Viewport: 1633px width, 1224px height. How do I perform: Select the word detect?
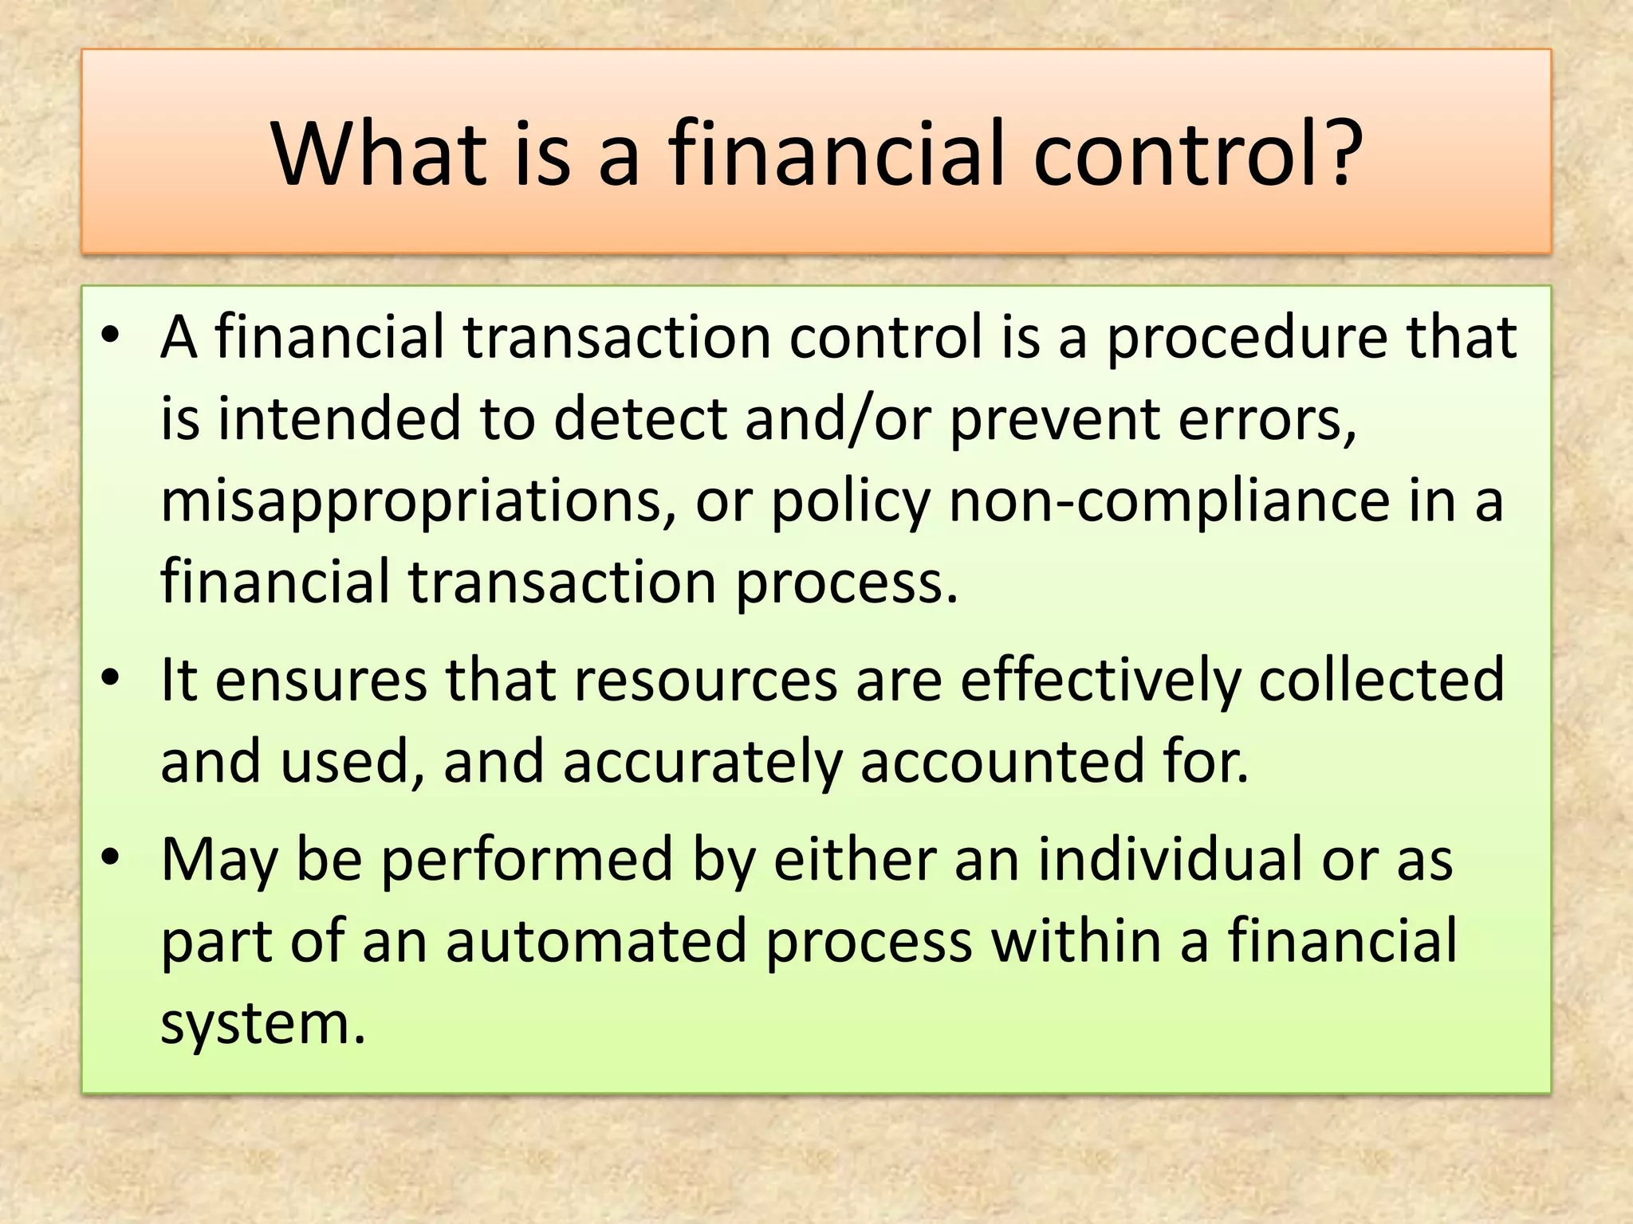click(639, 418)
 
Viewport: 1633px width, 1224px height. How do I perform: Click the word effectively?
click(1100, 681)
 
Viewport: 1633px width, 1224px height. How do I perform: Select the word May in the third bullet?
click(219, 861)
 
